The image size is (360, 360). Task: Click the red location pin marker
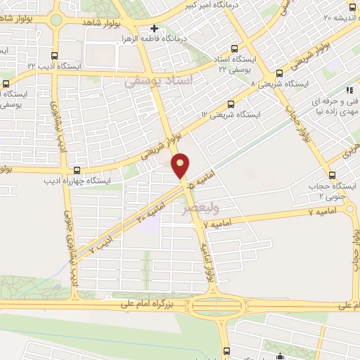(x=181, y=165)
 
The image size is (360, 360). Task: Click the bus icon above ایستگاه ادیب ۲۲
(x=56, y=55)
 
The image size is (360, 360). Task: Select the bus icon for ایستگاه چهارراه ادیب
(x=76, y=169)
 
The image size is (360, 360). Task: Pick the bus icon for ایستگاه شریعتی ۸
(x=279, y=72)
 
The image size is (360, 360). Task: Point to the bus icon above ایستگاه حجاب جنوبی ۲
(x=332, y=175)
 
